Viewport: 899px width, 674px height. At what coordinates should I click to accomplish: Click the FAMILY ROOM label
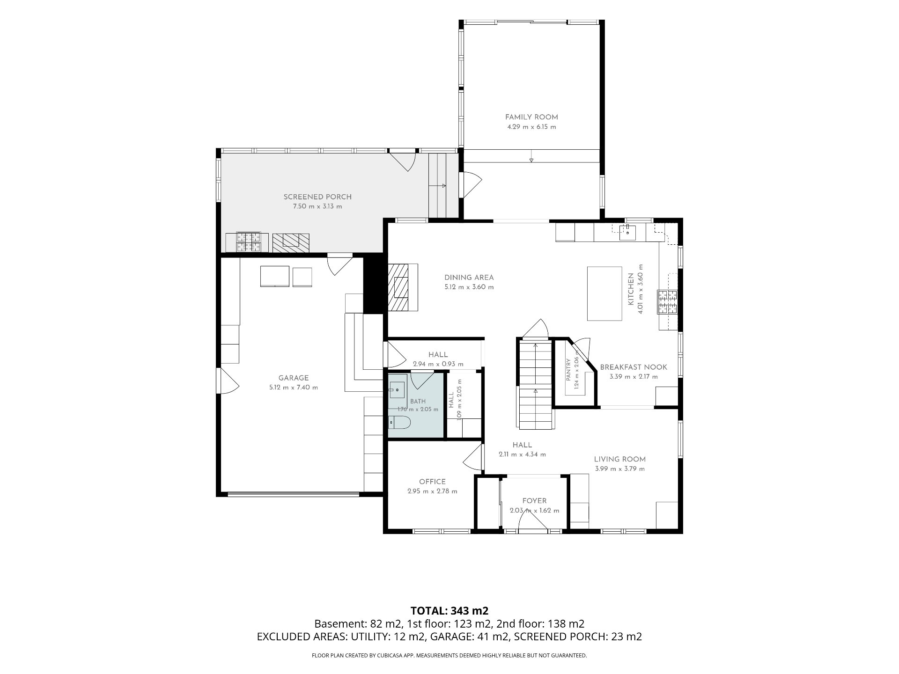pyautogui.click(x=531, y=117)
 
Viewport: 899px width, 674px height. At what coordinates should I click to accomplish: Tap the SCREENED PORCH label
pyautogui.click(x=317, y=197)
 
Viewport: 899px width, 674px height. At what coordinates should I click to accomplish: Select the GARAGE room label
pyautogui.click(x=294, y=378)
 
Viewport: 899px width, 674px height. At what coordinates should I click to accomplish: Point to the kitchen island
pyautogui.click(x=604, y=293)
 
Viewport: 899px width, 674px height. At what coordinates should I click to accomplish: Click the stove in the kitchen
pyautogui.click(x=667, y=302)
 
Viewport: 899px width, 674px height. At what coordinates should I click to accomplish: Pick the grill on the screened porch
pyautogui.click(x=248, y=242)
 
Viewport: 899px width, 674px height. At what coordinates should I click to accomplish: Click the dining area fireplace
pyautogui.click(x=402, y=287)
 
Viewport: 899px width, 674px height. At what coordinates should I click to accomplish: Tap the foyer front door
pyautogui.click(x=533, y=519)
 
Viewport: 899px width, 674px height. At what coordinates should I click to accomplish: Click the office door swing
pyautogui.click(x=473, y=457)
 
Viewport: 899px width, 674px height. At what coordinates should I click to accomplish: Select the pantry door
pyautogui.click(x=582, y=347)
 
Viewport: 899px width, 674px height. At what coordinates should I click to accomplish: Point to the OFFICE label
pyautogui.click(x=432, y=482)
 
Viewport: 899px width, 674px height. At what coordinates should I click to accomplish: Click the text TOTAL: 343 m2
pyautogui.click(x=449, y=611)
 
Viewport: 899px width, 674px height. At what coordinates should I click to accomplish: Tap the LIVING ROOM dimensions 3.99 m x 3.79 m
pyautogui.click(x=619, y=469)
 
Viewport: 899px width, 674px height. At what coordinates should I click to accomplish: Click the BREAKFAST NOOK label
pyautogui.click(x=634, y=367)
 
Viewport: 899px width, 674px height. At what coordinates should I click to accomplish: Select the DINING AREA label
pyautogui.click(x=469, y=278)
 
